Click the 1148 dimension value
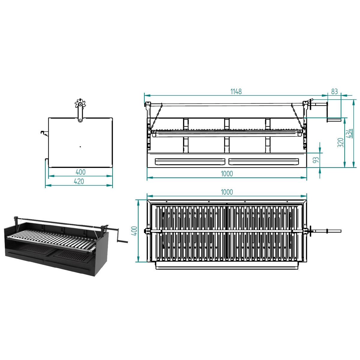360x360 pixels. tap(236, 91)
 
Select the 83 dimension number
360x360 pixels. tap(334, 91)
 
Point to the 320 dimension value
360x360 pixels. tap(340, 143)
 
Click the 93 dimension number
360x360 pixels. tap(316, 160)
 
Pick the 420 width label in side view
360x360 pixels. tap(79, 181)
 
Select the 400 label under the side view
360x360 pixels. tap(80, 172)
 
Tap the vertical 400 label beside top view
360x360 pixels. tap(134, 231)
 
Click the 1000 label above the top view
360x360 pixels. tap(227, 192)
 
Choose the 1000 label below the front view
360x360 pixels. tap(227, 174)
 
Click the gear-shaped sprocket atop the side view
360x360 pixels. tap(80, 104)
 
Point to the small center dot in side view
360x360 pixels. tap(80, 147)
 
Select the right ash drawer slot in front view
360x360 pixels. tap(264, 161)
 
